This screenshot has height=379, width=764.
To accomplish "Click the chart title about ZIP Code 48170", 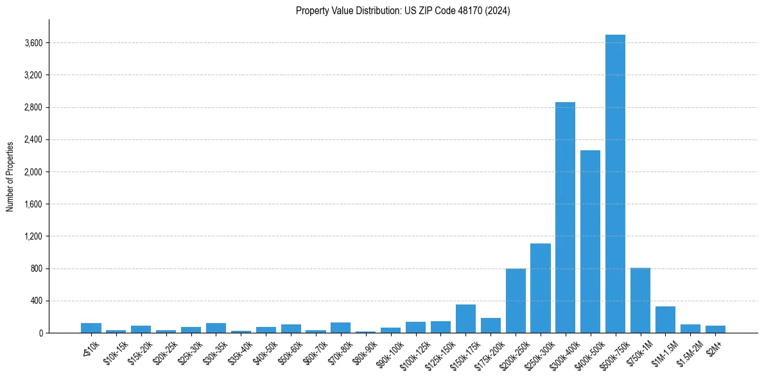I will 403,10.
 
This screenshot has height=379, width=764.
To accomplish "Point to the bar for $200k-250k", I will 516,301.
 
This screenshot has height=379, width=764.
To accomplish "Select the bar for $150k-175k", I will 465,319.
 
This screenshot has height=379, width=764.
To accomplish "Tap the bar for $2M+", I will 715,329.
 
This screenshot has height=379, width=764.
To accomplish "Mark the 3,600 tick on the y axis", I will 33,43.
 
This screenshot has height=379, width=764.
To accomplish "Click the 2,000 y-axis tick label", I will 33,172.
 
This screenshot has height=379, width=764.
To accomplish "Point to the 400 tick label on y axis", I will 36,301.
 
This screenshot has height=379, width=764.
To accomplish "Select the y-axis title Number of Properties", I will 10,176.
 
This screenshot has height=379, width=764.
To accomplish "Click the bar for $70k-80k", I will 340,328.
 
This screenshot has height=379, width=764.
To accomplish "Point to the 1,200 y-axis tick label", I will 33,236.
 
